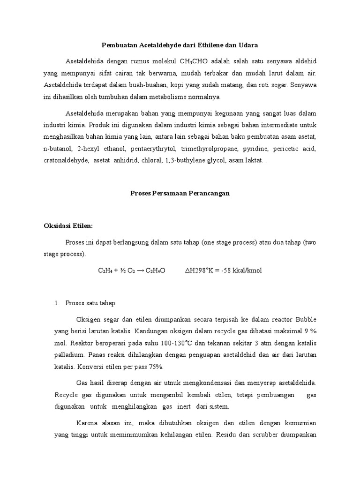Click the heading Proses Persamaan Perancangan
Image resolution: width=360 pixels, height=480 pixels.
(x=180, y=194)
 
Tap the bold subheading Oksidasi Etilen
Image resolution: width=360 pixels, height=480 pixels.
(x=68, y=225)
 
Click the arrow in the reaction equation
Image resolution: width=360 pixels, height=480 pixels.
(x=139, y=271)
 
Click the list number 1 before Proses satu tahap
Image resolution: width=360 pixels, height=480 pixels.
(x=57, y=303)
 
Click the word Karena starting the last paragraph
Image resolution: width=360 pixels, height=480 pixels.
(x=87, y=422)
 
